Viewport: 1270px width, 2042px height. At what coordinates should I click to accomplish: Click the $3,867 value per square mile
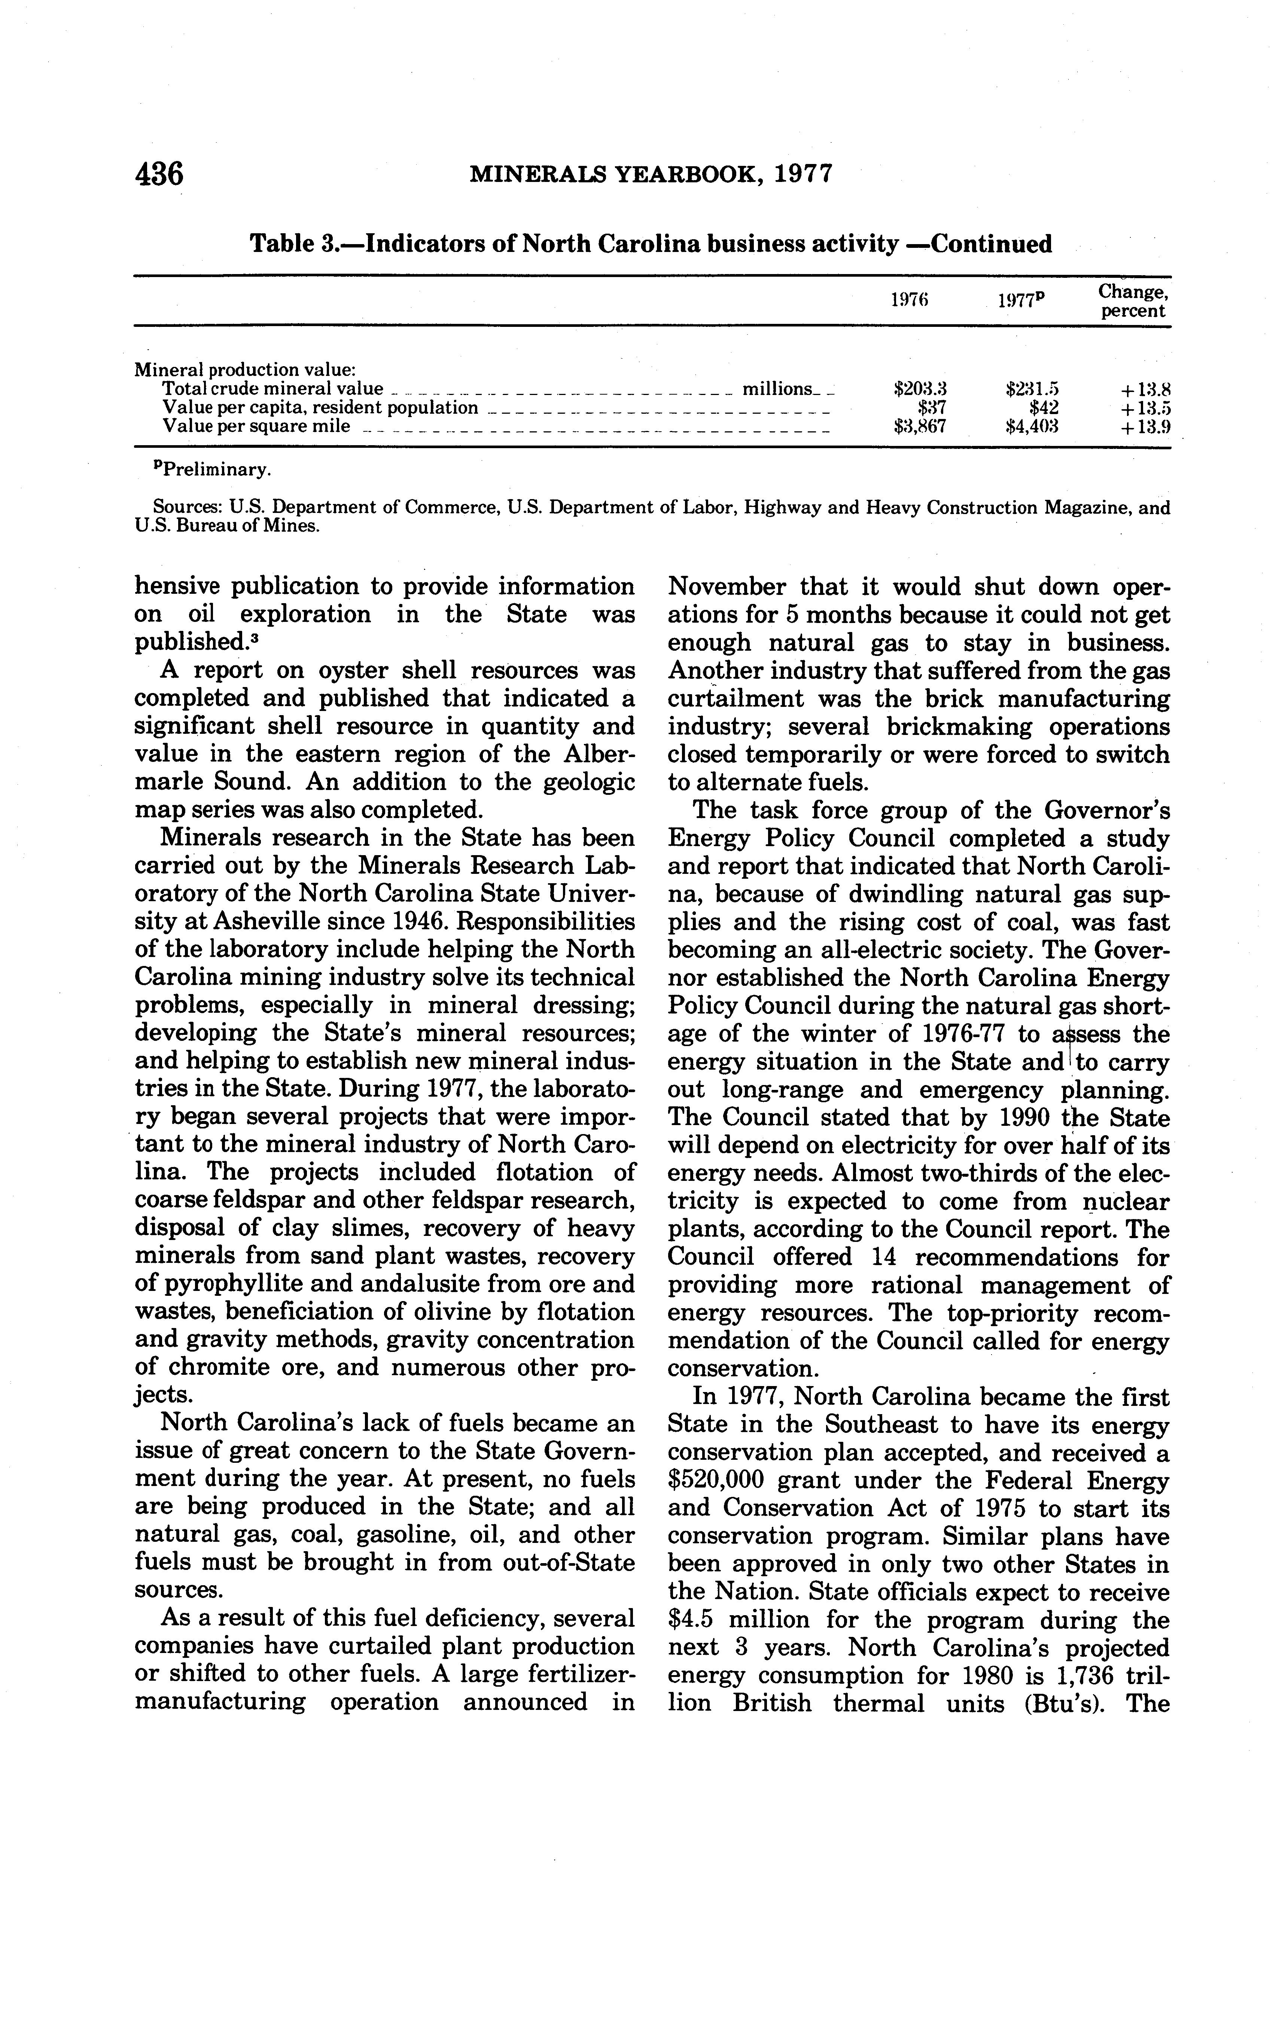920,427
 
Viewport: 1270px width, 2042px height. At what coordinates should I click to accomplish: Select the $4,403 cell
1032,427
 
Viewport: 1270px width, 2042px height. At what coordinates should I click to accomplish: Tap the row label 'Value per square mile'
256,427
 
